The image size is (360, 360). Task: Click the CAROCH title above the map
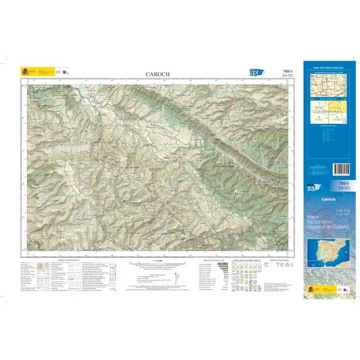pyautogui.click(x=157, y=74)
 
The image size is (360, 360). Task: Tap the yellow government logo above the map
pyautogui.click(x=24, y=71)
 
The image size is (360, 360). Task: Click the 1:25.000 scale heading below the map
pyautogui.click(x=157, y=260)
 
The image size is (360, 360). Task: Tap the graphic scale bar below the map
pyautogui.click(x=157, y=265)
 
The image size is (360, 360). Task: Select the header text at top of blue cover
pyautogui.click(x=328, y=66)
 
